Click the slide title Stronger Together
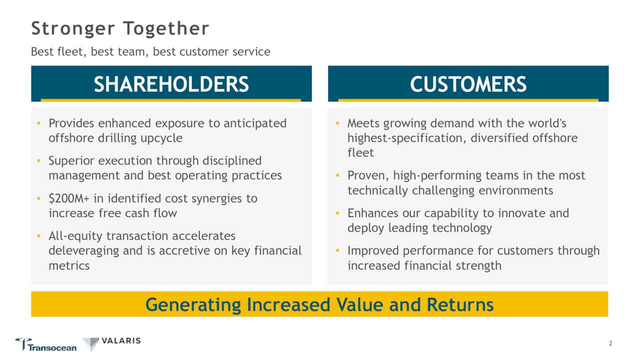point(120,28)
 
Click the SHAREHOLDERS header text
point(171,84)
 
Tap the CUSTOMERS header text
point(468,84)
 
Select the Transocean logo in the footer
point(46,345)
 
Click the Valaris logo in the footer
point(112,343)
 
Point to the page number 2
point(610,343)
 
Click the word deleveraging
point(84,251)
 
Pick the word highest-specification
point(407,138)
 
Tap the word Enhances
point(373,213)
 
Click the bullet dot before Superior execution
point(39,161)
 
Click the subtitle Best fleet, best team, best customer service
point(150,51)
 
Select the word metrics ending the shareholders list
point(69,266)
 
